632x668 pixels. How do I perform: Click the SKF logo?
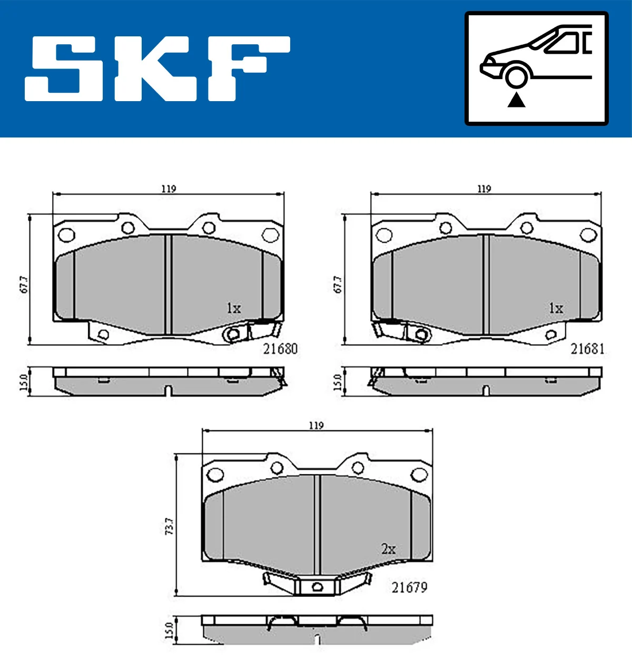pos(157,68)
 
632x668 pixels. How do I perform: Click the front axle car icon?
pos(536,68)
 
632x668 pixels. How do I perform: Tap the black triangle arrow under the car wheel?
pos(516,100)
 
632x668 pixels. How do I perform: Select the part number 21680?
pos(280,349)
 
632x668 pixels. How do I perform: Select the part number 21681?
pos(587,349)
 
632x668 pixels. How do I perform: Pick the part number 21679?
pos(409,587)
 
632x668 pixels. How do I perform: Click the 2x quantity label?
pos(388,549)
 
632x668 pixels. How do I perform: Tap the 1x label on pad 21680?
pos(233,308)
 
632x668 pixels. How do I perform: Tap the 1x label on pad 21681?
pos(556,308)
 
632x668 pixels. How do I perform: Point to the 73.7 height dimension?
pos(169,526)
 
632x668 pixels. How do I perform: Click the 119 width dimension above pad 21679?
pos(316,425)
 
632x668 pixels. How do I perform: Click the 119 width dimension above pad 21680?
pos(169,189)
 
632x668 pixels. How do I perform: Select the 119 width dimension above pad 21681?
pos(484,189)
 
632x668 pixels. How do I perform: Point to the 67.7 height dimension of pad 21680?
pos(23,284)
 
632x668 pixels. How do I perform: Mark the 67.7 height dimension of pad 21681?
pos(338,284)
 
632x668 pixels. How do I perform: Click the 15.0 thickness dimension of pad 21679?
pos(169,630)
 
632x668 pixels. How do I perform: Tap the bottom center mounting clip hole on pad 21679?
pos(317,587)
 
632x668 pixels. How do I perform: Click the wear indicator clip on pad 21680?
pos(232,333)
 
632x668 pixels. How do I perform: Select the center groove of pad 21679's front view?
pos(317,524)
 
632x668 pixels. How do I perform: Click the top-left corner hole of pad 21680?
pos(65,234)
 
